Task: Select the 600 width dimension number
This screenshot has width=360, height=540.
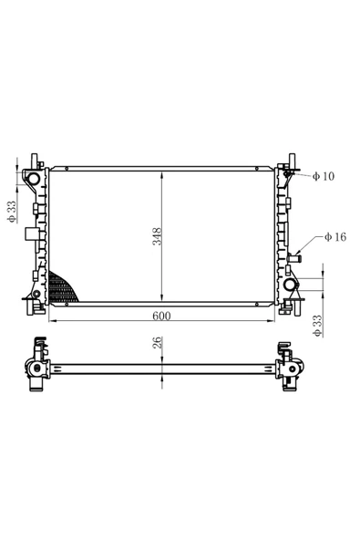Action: (161, 315)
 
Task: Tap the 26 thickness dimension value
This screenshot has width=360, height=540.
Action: (157, 344)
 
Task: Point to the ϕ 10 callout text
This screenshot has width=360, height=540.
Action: (323, 176)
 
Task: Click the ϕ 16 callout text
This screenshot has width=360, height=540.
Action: (334, 237)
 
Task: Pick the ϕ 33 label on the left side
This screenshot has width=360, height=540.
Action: (12, 211)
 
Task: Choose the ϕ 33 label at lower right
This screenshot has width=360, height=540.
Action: (316, 326)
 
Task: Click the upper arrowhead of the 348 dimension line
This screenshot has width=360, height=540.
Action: (161, 171)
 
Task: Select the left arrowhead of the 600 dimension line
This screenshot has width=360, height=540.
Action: (51, 321)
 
